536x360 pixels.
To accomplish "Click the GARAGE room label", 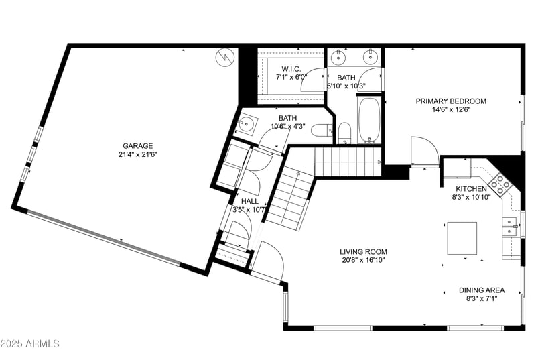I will pos(137,145).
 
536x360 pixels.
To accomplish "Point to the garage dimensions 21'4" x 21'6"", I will pos(137,154).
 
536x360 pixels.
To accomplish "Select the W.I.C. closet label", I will pos(291,68).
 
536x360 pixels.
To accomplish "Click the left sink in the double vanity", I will pos(340,56).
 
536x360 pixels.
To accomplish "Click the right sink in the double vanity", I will pos(371,56).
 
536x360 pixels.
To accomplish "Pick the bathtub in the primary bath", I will pos(369,121).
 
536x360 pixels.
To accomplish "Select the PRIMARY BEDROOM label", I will pos(451,101).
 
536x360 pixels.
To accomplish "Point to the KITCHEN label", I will pos(471,189).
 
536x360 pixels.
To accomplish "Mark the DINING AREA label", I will pos(482,290).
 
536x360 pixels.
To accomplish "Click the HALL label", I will pos(249,201).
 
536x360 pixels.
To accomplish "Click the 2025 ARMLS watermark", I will pos(31,344).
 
